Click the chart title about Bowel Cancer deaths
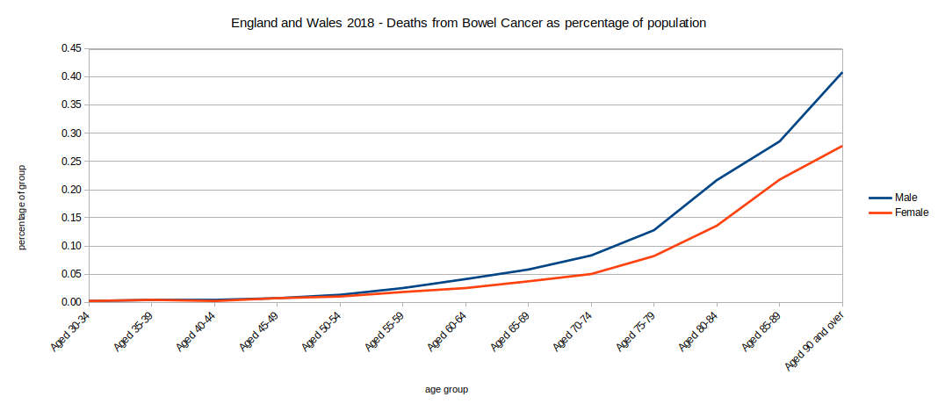point(468,24)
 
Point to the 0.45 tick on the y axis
point(71,48)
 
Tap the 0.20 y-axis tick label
point(71,190)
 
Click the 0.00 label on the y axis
point(71,302)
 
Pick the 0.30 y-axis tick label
point(71,133)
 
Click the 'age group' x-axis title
point(446,389)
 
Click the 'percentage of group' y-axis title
point(23,207)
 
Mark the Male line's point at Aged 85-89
point(779,141)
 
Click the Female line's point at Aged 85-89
point(779,179)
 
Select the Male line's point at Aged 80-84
point(717,180)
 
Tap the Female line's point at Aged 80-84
point(717,226)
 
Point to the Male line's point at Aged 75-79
point(653,230)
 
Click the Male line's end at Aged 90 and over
point(841,73)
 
